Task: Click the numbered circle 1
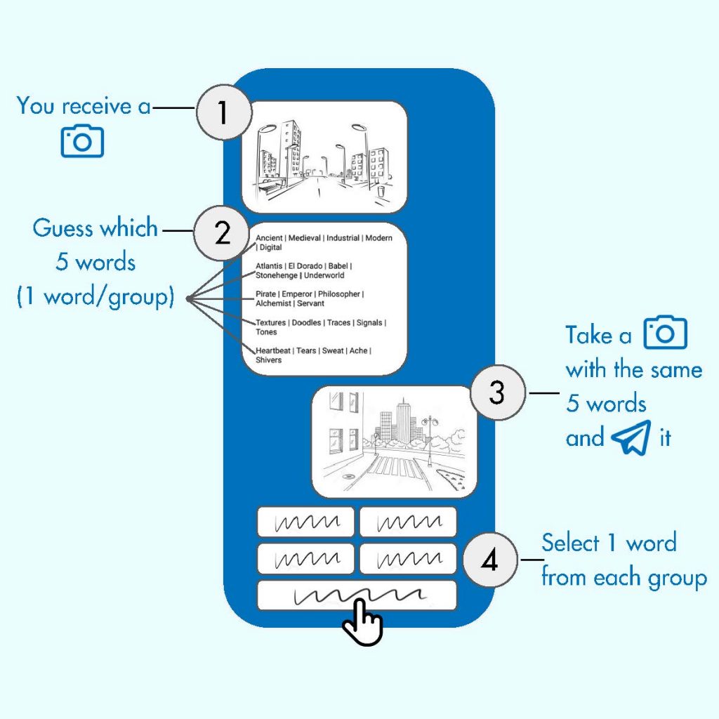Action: (223, 112)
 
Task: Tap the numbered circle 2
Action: (222, 232)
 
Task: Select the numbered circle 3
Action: (496, 393)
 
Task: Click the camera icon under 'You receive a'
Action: (82, 141)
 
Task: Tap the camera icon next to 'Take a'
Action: (666, 334)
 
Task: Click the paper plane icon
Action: (631, 437)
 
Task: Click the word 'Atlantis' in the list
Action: (269, 266)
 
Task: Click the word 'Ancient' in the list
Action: (269, 238)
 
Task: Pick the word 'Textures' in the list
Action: (271, 322)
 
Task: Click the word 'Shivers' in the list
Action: (268, 360)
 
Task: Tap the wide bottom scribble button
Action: (357, 595)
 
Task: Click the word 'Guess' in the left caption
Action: (62, 229)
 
